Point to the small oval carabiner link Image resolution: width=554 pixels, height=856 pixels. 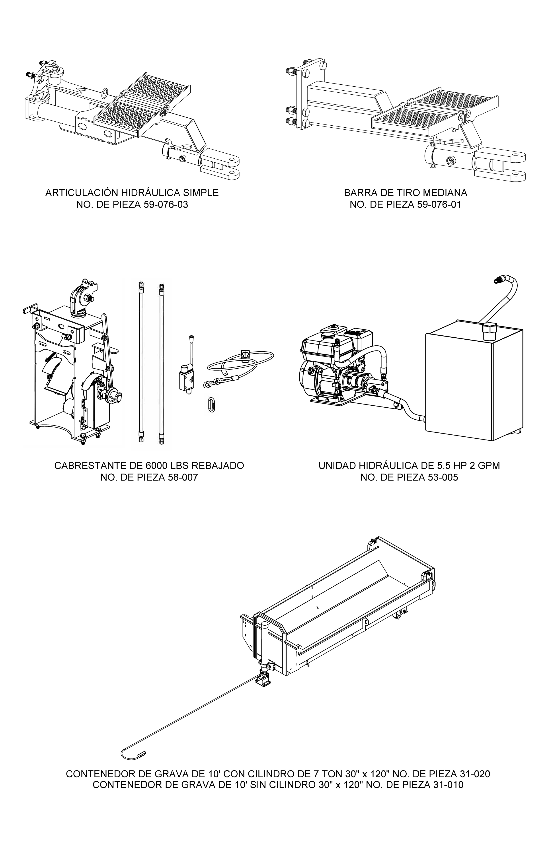212,404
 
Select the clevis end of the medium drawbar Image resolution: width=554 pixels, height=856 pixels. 500,165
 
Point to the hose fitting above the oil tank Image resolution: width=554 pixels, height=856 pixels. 498,279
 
